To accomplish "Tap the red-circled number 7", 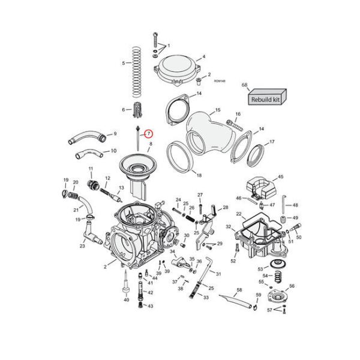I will point(148,135).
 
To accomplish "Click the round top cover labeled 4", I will point(177,68).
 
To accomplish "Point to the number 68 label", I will point(244,86).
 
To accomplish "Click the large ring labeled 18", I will point(181,155).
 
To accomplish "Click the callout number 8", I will point(150,145).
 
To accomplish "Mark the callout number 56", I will point(292,286).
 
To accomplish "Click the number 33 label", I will point(206,297).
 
